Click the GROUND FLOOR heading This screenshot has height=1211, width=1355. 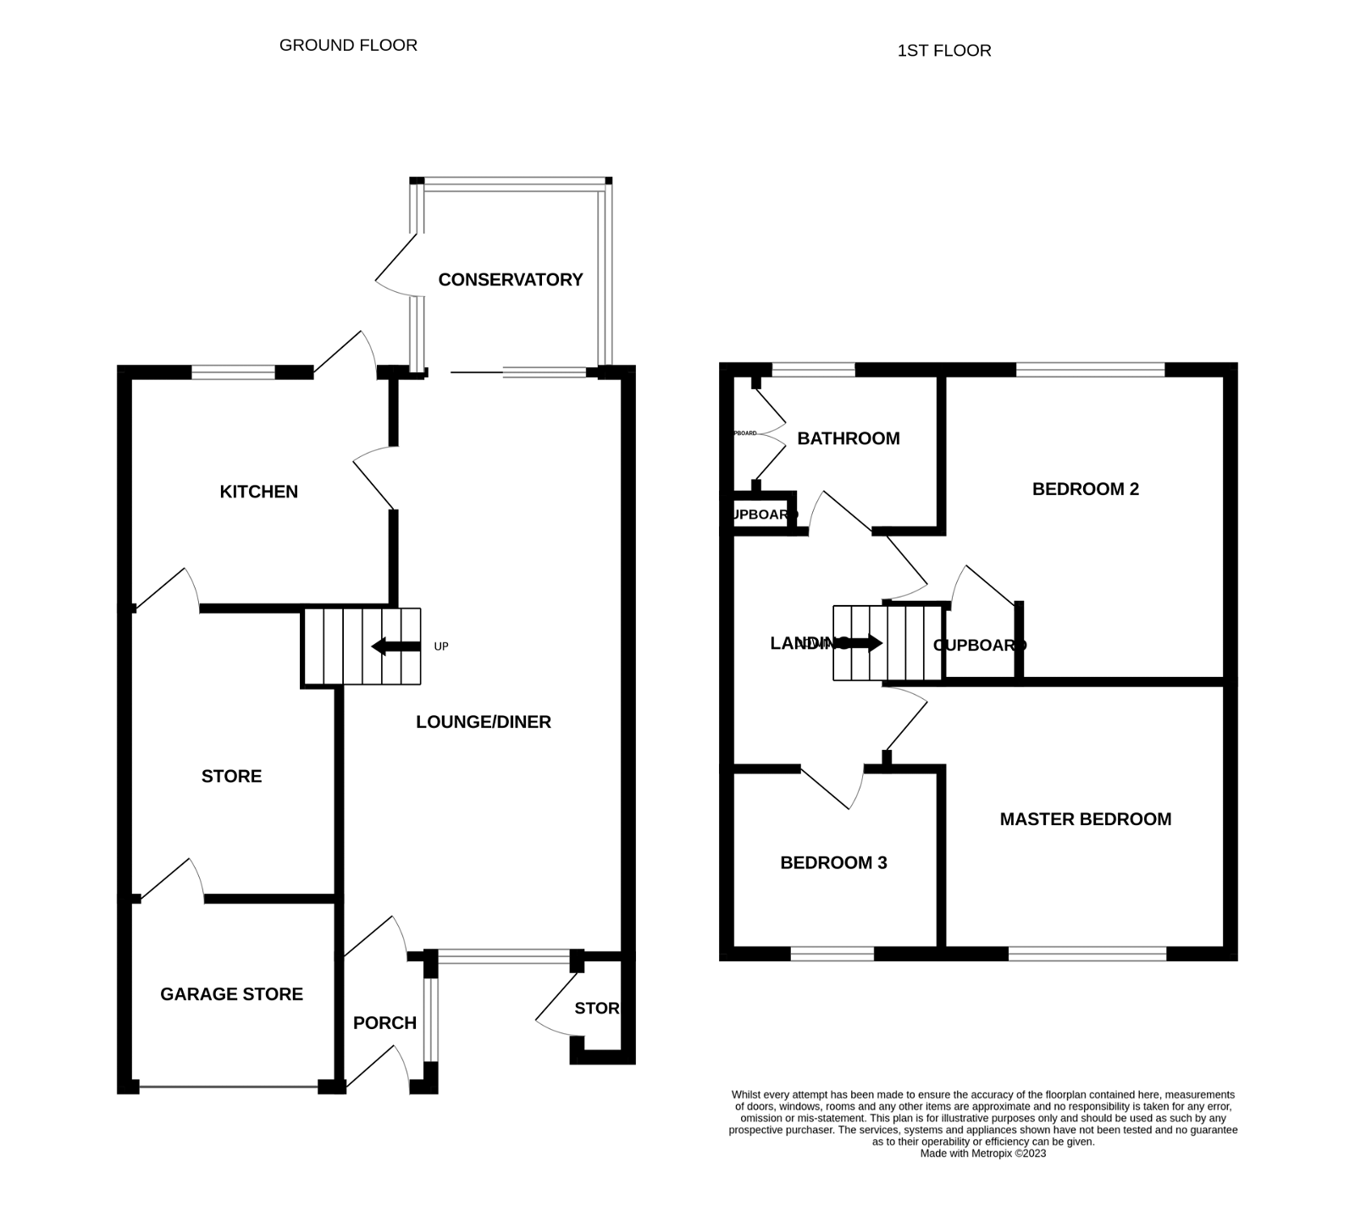348,45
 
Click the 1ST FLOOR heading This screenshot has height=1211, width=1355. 943,51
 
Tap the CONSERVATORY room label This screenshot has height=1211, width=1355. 510,279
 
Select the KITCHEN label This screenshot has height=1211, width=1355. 258,492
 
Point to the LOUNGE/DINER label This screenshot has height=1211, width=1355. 483,722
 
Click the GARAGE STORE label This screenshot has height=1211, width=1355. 231,994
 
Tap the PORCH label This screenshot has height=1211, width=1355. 384,1023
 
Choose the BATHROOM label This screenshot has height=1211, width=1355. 848,438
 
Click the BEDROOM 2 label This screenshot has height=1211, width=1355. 1085,489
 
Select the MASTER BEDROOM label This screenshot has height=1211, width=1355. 1085,819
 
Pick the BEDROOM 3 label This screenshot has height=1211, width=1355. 833,863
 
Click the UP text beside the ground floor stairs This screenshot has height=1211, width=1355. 440,647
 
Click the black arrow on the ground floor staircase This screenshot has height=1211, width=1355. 395,647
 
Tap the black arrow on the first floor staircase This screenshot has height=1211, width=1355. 862,643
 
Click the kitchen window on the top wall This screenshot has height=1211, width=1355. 233,372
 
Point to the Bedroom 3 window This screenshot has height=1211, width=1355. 832,954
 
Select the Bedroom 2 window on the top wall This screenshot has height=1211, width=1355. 1090,369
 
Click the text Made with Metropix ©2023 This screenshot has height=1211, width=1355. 982,1153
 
